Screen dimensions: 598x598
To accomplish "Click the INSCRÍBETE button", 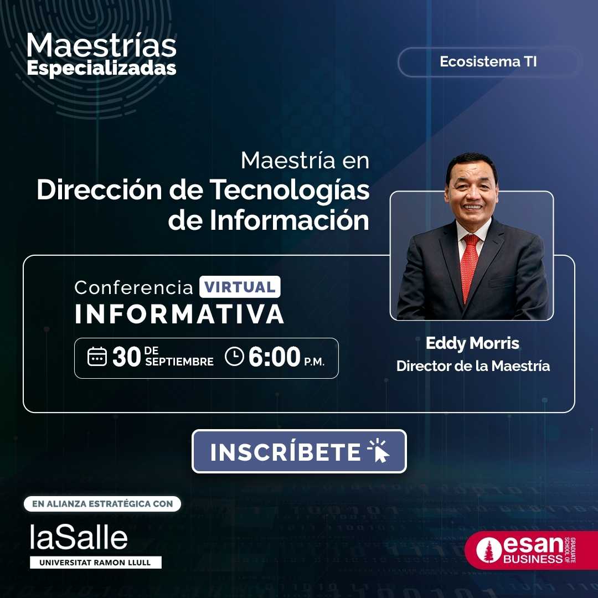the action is coord(299,451).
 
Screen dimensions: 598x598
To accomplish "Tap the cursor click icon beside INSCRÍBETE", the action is coord(378,451).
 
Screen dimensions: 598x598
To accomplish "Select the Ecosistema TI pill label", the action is coord(488,62).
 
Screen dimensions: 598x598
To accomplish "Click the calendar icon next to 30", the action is coord(97,357).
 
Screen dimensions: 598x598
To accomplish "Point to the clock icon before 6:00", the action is coord(234,356).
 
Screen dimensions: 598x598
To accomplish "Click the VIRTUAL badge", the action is coord(240,287).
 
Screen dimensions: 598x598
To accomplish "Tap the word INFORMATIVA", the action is coord(179,314).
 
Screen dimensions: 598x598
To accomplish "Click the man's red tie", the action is coord(470,267).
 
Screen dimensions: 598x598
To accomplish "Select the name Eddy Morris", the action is coord(472,343).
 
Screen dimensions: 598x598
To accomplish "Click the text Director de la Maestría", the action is coord(473,366).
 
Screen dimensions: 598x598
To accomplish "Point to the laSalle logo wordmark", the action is coord(79,537).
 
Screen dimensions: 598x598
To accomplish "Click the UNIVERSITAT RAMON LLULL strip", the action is coord(96,563).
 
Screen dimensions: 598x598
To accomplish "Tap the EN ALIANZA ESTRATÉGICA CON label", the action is coord(102,504).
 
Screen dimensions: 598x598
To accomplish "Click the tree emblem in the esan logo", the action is coord(488,550).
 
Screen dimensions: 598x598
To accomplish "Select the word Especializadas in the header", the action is coord(101,69).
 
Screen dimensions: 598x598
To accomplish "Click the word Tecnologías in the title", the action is coord(290,190).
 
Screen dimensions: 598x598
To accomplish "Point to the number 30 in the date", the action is coord(127,357).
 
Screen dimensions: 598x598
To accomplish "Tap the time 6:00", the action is coord(274,357).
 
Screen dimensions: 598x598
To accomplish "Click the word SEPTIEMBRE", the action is coord(179,362).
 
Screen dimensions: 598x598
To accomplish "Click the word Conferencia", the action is coord(134,287).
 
